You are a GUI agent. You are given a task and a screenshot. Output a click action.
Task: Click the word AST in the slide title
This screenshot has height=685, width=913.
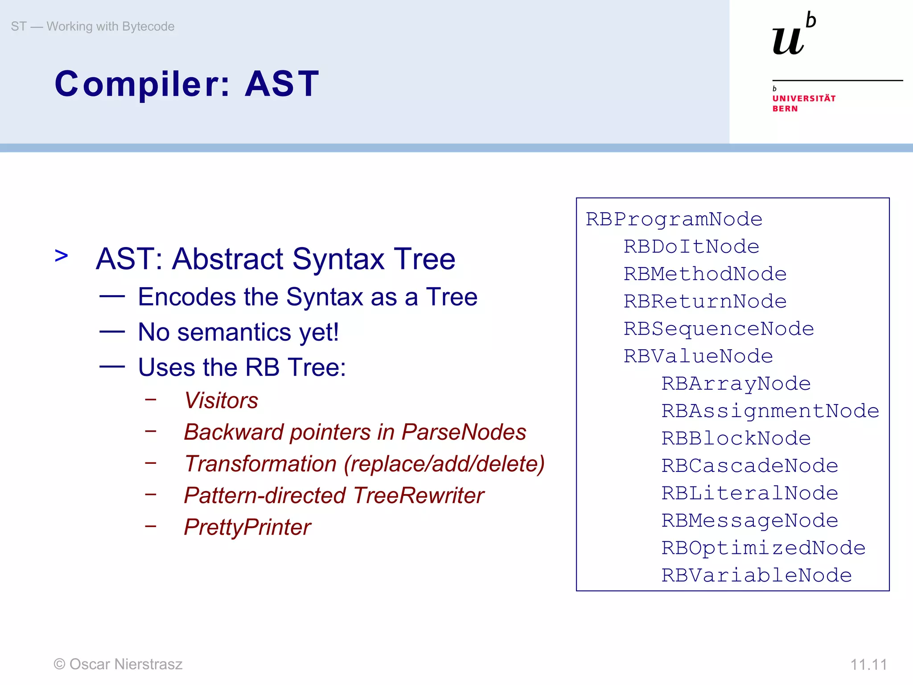(282, 84)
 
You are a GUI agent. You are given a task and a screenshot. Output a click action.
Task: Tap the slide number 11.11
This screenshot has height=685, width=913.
(868, 664)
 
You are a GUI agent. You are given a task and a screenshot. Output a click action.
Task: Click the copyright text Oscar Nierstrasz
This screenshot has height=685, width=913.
(126, 664)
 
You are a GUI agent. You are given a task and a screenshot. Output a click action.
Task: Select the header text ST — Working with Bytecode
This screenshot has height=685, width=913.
(93, 26)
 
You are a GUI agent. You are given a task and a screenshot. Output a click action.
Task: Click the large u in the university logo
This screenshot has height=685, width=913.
(788, 41)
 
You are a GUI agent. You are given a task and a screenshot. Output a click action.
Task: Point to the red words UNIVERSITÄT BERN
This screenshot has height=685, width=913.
(804, 103)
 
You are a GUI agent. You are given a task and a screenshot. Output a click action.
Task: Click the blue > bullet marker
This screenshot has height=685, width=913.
(62, 256)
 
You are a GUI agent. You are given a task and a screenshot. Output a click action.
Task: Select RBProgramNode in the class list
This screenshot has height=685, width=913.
(674, 219)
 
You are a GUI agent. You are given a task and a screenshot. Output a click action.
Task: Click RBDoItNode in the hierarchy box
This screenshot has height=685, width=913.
(691, 247)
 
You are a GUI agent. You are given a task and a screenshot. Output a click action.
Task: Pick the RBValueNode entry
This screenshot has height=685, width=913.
(698, 356)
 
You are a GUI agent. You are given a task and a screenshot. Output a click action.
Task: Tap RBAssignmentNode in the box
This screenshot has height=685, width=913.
(770, 411)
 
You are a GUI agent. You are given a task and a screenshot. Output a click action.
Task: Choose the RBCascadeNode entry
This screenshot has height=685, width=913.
(749, 466)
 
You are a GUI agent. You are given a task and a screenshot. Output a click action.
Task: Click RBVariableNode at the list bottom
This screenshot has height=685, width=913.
(756, 575)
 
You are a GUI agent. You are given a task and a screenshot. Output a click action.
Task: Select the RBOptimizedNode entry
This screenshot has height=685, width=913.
(763, 548)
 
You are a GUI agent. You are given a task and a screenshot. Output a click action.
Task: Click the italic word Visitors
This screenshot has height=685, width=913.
(221, 400)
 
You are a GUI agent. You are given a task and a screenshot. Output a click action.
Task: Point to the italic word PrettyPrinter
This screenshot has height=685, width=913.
(247, 527)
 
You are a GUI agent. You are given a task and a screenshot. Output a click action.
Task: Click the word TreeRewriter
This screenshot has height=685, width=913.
(419, 495)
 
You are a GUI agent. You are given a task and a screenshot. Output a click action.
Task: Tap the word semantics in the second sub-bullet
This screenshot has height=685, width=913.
(234, 332)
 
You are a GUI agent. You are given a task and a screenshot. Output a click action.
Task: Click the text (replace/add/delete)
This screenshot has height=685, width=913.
(444, 464)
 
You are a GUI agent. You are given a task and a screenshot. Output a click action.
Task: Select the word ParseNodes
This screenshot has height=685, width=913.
(464, 432)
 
